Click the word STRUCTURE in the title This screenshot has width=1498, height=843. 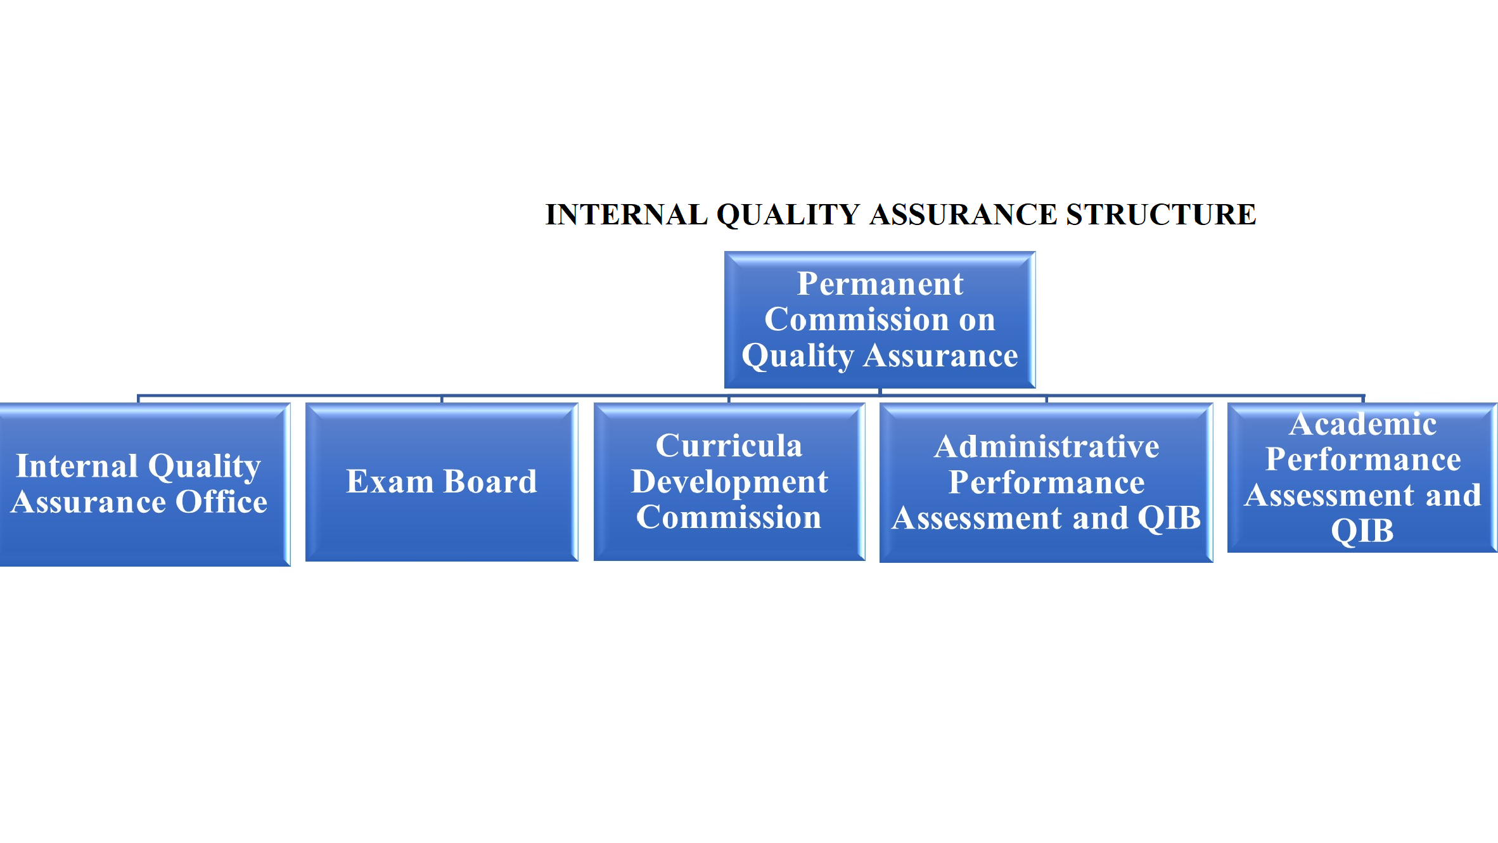coord(1161,214)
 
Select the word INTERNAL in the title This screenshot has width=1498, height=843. coord(627,214)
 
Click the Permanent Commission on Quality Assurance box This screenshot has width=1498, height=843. coord(880,319)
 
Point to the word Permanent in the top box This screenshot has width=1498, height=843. coord(880,283)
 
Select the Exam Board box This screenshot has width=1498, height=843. coord(442,482)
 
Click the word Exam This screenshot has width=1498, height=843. coord(389,481)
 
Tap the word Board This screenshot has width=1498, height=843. coord(490,481)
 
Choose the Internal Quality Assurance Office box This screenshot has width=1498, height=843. coord(145,484)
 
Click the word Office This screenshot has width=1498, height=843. coord(221,501)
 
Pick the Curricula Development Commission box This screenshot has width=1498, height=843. coord(729,482)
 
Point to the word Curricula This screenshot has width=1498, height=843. coord(729,446)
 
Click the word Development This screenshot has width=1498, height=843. coord(729,482)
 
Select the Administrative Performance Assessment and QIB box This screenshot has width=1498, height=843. coord(1046,482)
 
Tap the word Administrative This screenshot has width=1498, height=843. coord(1047,447)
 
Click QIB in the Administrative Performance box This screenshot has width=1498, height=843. coord(1169,518)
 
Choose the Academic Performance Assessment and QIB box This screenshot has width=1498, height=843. coord(1362,477)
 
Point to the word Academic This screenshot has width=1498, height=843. coord(1363,424)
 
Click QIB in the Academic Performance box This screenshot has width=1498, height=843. coord(1362,531)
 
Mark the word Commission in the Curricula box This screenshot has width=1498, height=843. coord(729,517)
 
